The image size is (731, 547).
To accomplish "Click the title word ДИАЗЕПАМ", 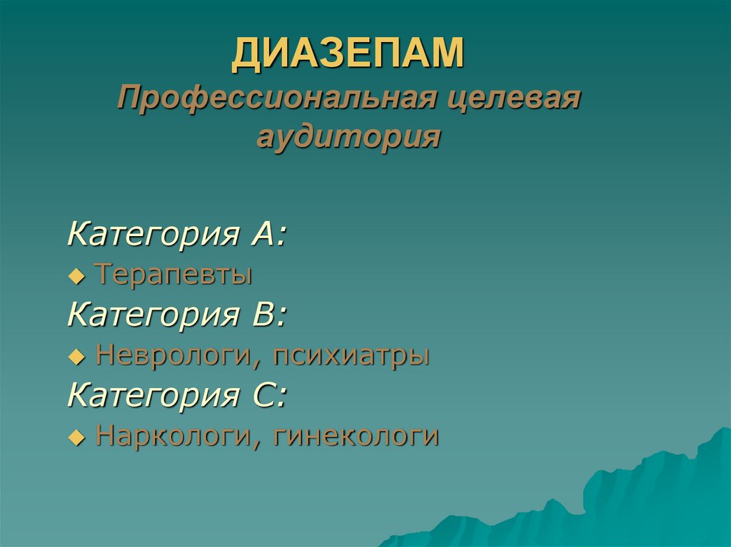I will pyautogui.click(x=348, y=55).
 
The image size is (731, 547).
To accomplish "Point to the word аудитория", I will pyautogui.click(x=348, y=136).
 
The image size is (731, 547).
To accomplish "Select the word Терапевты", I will pyautogui.click(x=173, y=274).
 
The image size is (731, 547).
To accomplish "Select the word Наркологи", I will pyautogui.click(x=172, y=435).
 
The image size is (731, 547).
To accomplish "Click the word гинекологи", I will pyautogui.click(x=355, y=435).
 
